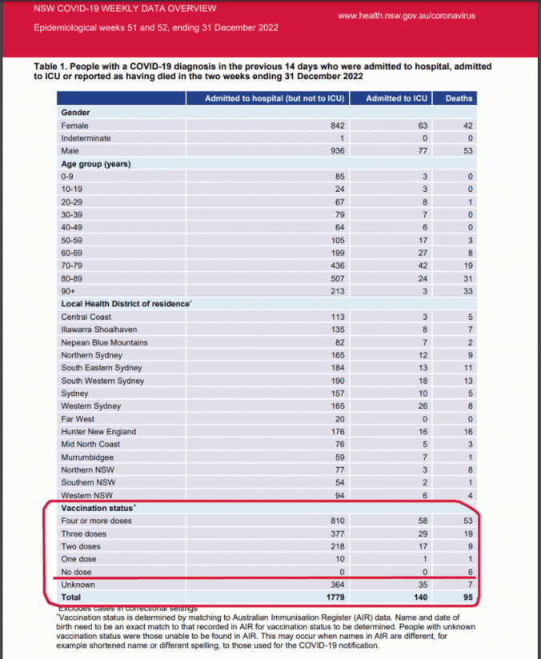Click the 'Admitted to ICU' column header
pos(396,98)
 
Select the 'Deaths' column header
pos(459,98)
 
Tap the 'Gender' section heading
pos(76,113)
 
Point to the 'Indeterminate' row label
pos(87,138)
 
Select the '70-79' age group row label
pos(74,266)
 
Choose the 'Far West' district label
pos(78,419)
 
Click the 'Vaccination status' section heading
pos(98,508)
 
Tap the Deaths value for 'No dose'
pos(470,572)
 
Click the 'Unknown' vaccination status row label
pos(78,585)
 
